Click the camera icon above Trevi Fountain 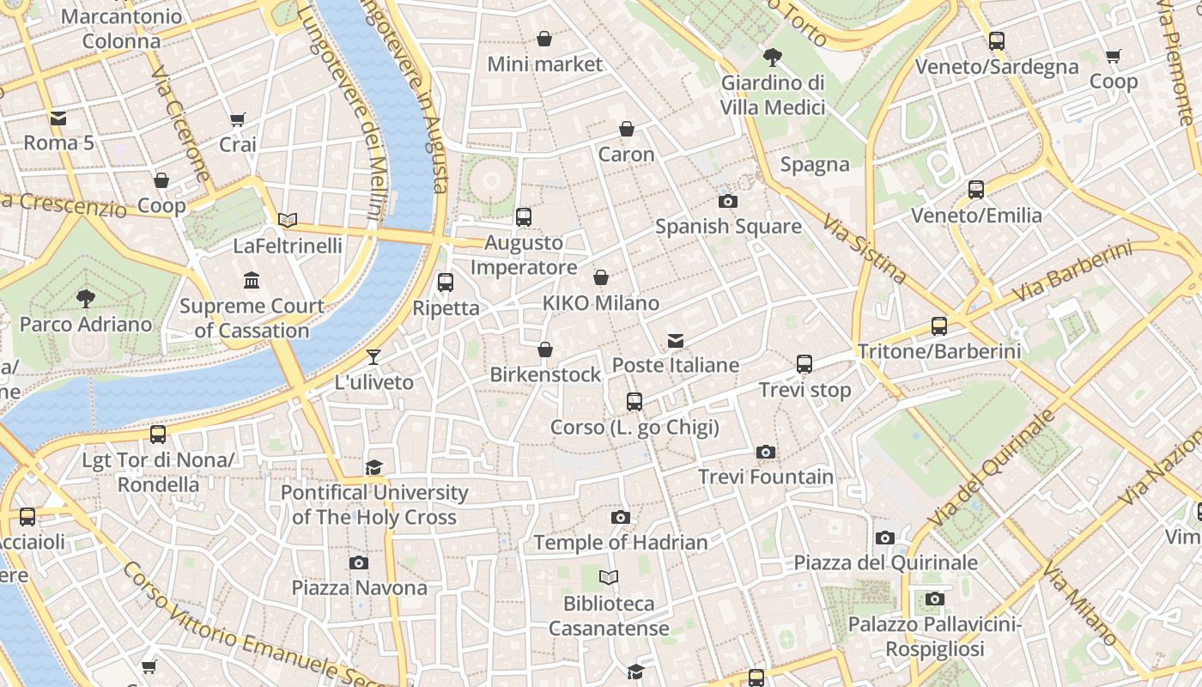click(x=765, y=452)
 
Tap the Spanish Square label click(x=728, y=227)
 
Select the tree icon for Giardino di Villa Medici click(x=772, y=58)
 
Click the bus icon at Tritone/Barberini click(x=939, y=326)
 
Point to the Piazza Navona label click(x=359, y=587)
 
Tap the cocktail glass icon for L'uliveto click(x=373, y=357)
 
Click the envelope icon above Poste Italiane click(x=676, y=341)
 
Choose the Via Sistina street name click(x=864, y=249)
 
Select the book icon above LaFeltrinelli click(x=288, y=221)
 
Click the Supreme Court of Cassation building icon click(x=252, y=281)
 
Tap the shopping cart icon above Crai click(x=238, y=119)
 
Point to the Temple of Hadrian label click(x=620, y=542)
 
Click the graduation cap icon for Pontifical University click(x=373, y=467)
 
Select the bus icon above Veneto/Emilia click(x=976, y=190)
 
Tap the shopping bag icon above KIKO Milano click(x=601, y=277)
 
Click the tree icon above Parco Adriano click(x=85, y=299)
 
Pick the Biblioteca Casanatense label click(x=609, y=616)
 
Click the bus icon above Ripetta click(x=445, y=283)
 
